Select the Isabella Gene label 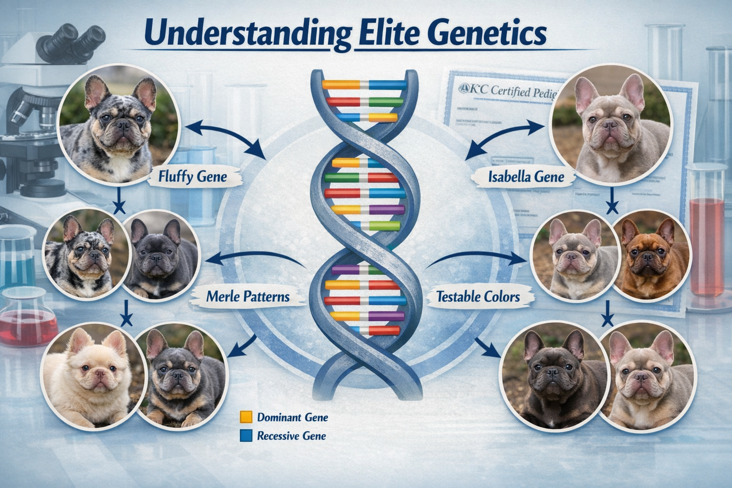(526, 177)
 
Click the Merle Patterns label (248, 296)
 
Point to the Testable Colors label (478, 297)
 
